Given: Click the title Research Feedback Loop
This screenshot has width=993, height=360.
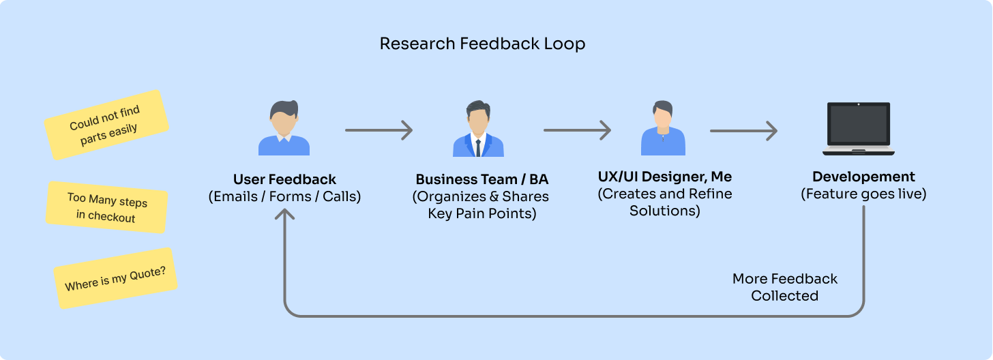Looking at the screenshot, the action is [x=482, y=44].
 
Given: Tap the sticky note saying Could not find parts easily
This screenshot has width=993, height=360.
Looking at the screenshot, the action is [x=106, y=125].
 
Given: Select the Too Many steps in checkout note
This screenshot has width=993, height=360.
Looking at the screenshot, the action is [x=107, y=207].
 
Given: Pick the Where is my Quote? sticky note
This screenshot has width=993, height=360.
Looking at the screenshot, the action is [x=115, y=278].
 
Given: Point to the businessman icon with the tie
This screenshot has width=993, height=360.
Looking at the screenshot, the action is [x=478, y=129].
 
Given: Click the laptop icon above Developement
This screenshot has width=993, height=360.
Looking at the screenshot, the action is [x=859, y=129].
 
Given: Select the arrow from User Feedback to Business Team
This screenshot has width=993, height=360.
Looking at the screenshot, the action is [x=379, y=130].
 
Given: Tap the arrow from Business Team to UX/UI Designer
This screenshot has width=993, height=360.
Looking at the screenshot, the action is [x=578, y=130].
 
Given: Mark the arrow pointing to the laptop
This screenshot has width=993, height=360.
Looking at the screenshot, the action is [x=744, y=131].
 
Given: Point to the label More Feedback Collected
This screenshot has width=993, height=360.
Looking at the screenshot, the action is [x=784, y=287].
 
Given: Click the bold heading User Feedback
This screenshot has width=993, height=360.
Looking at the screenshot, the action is [x=284, y=179].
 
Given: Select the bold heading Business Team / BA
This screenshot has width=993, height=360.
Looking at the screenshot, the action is [x=482, y=179].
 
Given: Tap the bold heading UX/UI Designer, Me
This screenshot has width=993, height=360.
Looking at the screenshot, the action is [x=665, y=177].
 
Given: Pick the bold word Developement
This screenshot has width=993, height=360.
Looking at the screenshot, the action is [x=863, y=177].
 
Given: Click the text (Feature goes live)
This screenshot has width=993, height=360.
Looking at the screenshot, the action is [x=863, y=194].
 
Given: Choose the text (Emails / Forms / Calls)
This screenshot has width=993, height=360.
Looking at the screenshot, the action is [x=284, y=196].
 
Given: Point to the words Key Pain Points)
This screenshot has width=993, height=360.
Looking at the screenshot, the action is [x=482, y=213].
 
